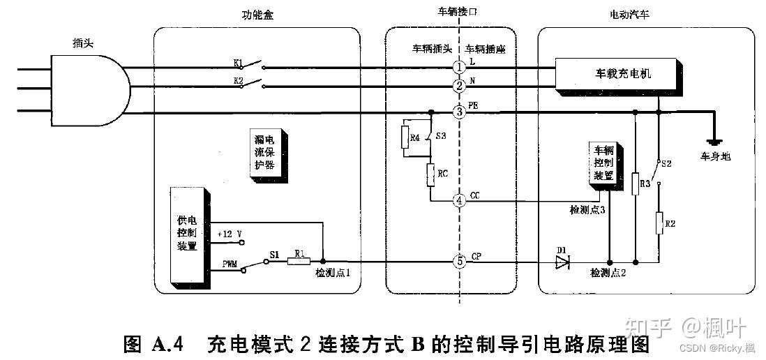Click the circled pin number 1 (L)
[458, 66]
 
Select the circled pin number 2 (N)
[458, 87]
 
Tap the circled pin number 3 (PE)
[458, 112]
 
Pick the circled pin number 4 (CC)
[458, 201]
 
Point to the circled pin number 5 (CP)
[458, 262]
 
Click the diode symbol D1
[562, 262]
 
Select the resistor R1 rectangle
[299, 262]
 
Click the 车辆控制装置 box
[605, 166]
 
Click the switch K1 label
[238, 63]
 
